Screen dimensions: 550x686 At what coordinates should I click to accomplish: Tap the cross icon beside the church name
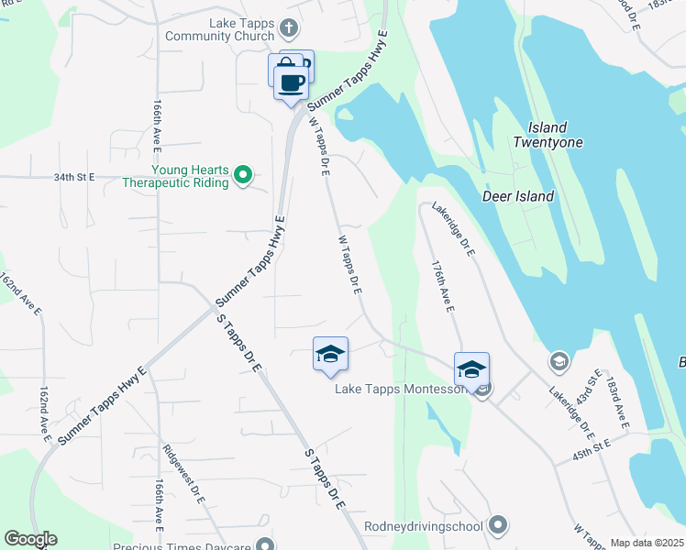290,28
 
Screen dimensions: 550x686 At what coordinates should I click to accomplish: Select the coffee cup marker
293,82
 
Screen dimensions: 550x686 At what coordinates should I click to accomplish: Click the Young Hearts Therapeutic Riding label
177,175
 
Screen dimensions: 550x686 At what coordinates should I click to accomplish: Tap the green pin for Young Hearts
243,174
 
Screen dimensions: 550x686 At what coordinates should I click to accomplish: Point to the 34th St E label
74,177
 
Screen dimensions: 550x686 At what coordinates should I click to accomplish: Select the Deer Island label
518,196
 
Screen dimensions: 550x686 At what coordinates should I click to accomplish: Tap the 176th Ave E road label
442,286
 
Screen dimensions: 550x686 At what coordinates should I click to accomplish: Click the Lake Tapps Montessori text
402,390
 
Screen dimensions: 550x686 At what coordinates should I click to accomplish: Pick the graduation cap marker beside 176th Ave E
471,369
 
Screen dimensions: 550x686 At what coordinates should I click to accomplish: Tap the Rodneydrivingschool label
423,525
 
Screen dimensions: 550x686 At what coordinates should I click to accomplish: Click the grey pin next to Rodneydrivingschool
498,524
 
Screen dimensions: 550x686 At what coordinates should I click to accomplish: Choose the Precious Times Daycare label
183,547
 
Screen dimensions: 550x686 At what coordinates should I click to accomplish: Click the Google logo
30,539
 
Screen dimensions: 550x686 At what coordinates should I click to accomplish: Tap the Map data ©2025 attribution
647,543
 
